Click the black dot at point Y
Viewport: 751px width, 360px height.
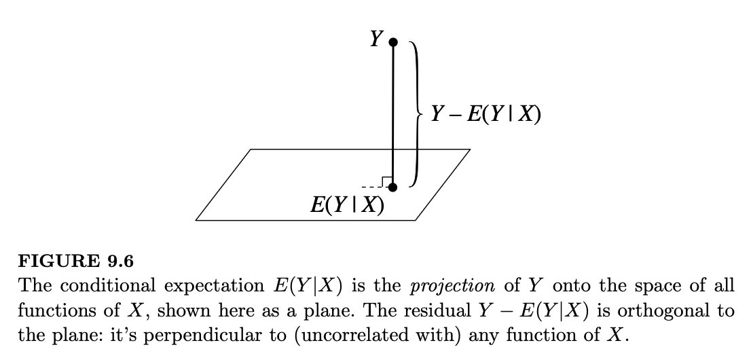[x=392, y=42]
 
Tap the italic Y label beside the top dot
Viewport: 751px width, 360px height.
[x=375, y=39]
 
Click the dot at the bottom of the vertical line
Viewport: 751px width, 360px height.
[x=392, y=187]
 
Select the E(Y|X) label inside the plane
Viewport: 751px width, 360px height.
[x=347, y=205]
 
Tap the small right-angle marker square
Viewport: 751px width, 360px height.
[x=386, y=181]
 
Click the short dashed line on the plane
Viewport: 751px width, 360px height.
[x=371, y=187]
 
